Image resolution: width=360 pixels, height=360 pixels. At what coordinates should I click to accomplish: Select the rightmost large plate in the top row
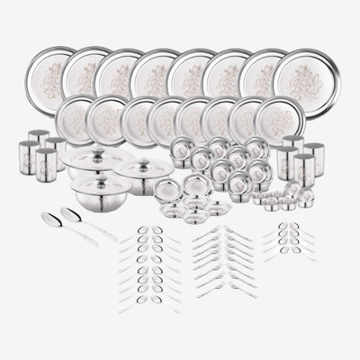tap(307, 71)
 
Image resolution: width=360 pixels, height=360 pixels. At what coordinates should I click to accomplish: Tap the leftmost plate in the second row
tap(76, 118)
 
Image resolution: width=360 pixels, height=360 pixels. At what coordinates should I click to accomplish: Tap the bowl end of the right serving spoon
tap(68, 213)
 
